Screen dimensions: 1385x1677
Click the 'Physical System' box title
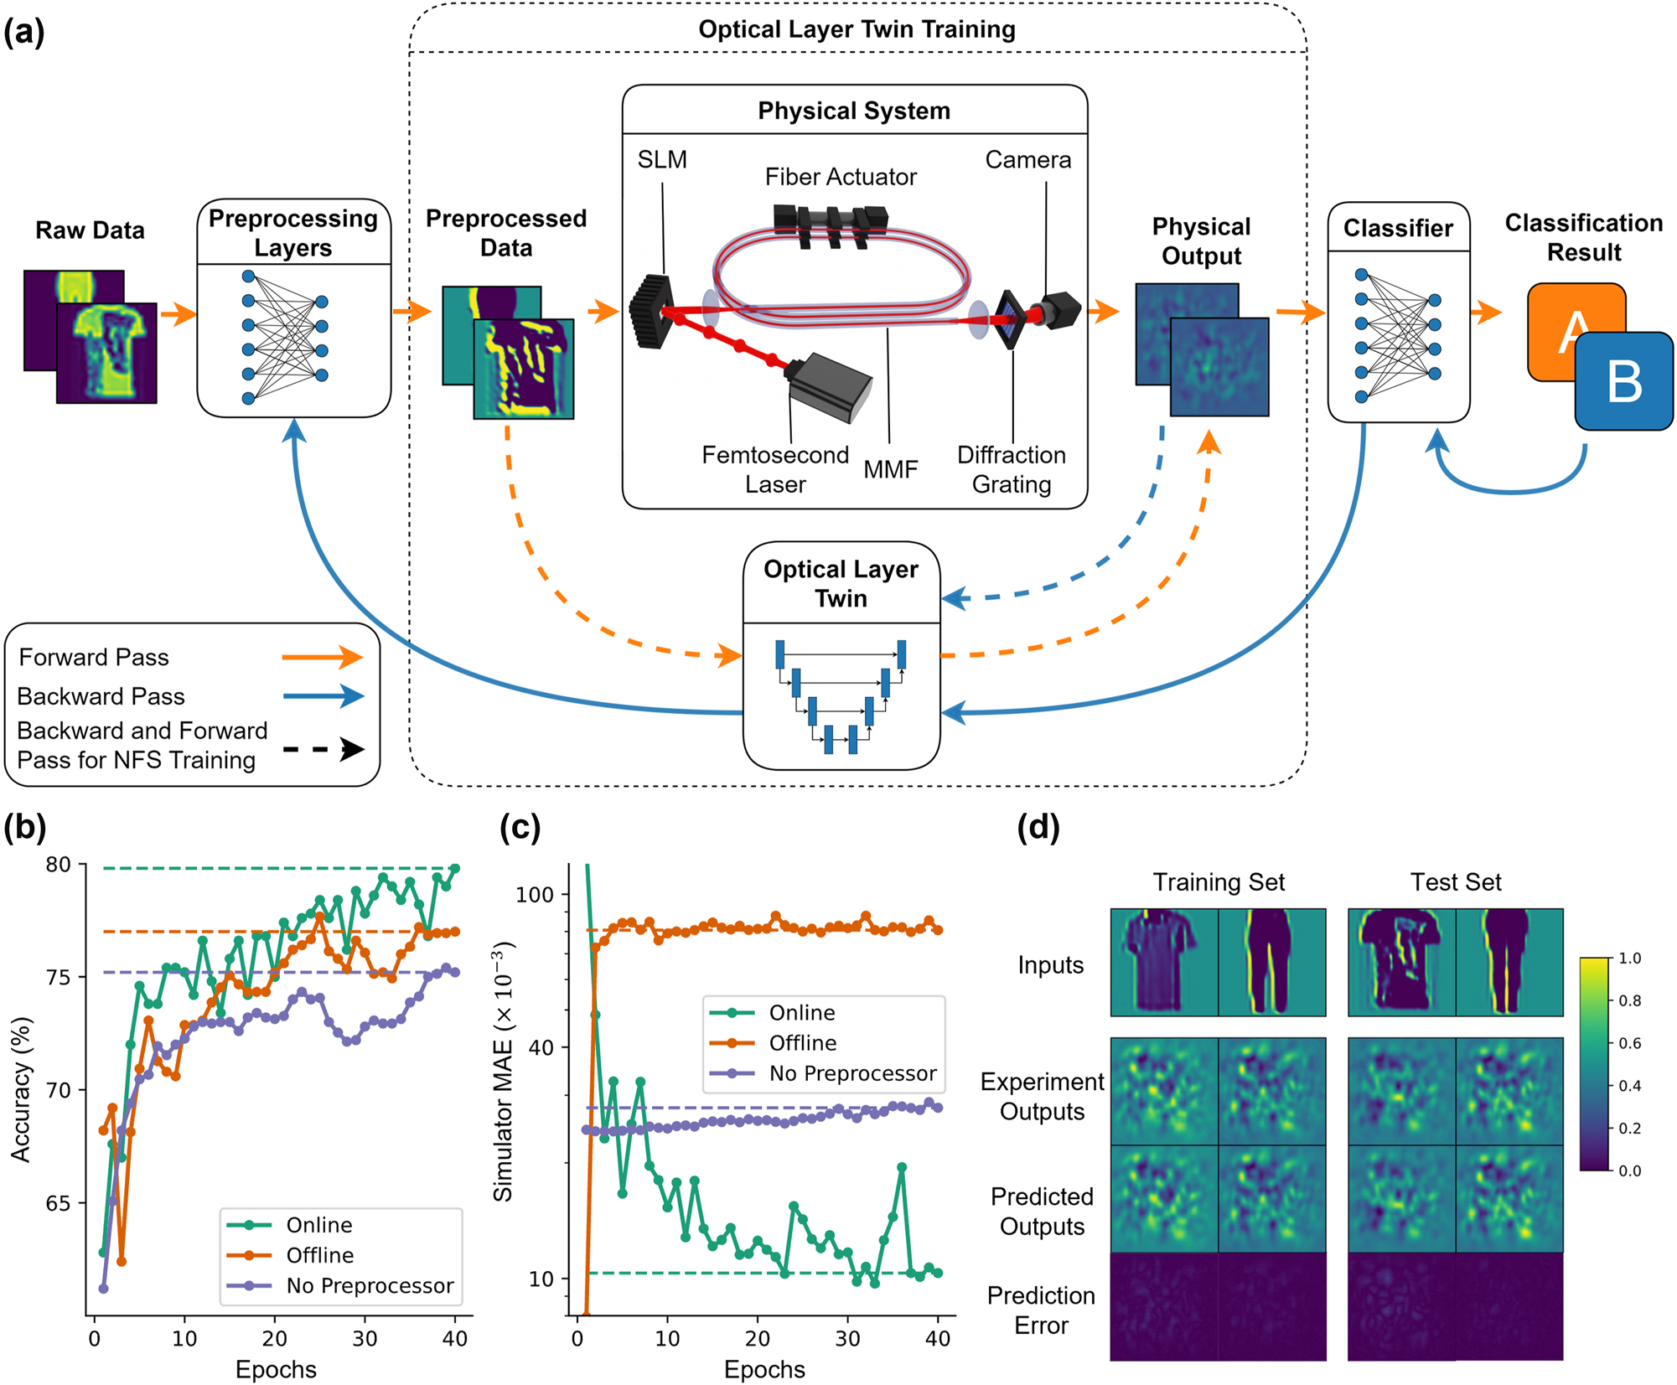[853, 111]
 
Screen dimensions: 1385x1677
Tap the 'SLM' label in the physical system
[662, 159]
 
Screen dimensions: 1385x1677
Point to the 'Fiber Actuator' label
[841, 177]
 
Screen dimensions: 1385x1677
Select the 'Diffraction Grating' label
[1012, 469]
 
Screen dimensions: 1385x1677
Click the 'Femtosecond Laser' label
[775, 469]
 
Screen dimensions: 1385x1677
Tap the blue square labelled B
[1624, 382]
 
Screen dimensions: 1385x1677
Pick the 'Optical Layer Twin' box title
[841, 583]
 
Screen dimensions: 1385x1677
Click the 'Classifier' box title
[1398, 228]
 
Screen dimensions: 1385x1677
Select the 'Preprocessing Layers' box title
[293, 233]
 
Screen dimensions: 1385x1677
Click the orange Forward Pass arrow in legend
[322, 658]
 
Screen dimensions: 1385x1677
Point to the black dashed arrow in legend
[323, 748]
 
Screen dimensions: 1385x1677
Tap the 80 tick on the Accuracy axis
[58, 865]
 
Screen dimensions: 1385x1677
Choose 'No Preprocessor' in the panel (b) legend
[370, 1285]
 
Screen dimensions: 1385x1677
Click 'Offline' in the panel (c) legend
[802, 1043]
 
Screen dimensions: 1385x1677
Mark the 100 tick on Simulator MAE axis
[534, 894]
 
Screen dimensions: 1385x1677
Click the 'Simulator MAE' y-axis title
[503, 1072]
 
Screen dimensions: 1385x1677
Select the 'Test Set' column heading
[1456, 882]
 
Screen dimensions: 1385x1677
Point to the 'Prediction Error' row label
[1041, 1310]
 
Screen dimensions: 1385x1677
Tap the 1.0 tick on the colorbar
[1629, 959]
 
